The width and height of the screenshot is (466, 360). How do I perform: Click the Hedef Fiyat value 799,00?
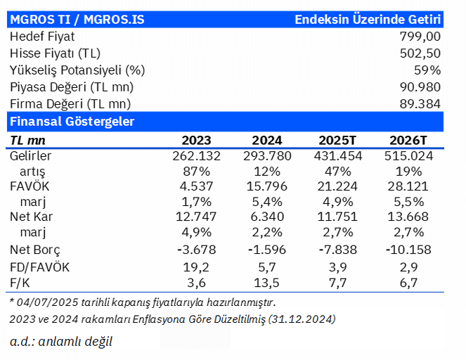tap(420, 37)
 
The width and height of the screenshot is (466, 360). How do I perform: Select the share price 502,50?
tap(420, 53)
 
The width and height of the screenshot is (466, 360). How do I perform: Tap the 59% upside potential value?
tap(427, 70)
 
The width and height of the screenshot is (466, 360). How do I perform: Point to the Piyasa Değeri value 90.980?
tap(420, 87)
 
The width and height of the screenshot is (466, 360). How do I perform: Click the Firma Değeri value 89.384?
tap(420, 104)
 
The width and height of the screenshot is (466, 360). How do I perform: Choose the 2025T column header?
tap(337, 141)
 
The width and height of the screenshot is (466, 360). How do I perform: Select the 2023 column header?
tap(196, 141)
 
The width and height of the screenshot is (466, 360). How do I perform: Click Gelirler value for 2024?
tap(267, 156)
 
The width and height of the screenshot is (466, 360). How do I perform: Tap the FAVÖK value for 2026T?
tap(408, 186)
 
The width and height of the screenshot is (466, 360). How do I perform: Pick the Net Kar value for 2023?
tap(196, 217)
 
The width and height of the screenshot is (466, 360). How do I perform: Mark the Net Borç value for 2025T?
tap(337, 250)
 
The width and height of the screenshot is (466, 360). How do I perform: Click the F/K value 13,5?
tap(267, 283)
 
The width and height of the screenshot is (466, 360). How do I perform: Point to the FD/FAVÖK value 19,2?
tap(196, 267)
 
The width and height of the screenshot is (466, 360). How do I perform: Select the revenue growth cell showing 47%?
tap(337, 172)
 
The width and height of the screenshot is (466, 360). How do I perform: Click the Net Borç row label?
tap(34, 250)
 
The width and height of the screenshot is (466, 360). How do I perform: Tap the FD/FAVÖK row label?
tap(39, 267)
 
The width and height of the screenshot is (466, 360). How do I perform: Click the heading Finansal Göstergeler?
tap(72, 122)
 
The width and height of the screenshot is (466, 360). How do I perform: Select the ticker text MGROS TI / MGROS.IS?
tap(77, 20)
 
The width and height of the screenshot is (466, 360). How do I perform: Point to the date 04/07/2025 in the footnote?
tap(47, 302)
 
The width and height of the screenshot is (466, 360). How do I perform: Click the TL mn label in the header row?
tap(27, 141)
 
